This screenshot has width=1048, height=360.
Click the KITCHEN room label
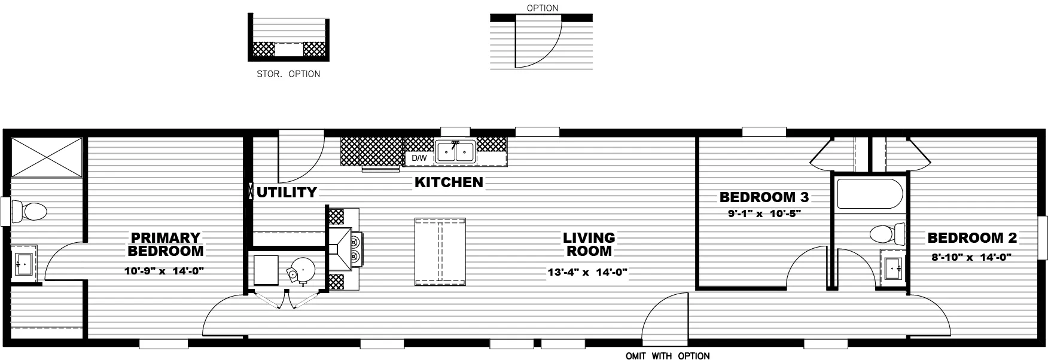pos(449,182)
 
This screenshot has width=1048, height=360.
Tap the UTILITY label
pos(287,193)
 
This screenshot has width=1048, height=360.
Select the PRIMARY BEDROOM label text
pos(165,245)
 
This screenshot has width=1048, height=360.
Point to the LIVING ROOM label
pos(589,245)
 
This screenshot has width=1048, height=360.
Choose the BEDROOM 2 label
pos(972,238)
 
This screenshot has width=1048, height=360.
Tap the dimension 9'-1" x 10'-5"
pos(764,213)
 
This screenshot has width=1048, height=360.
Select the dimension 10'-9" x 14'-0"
pos(165,271)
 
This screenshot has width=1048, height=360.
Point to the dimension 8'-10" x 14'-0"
pos(972,258)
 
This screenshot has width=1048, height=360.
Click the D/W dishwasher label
pos(419,158)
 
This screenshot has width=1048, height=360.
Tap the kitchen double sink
pos(455,152)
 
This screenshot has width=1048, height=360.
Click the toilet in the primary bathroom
pos(29,211)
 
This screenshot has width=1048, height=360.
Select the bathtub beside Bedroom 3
pos(870,194)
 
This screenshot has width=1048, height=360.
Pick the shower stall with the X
pos(46,157)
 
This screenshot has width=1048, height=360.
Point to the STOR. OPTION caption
pos(288,74)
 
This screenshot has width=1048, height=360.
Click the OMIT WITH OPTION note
pos(668,356)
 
